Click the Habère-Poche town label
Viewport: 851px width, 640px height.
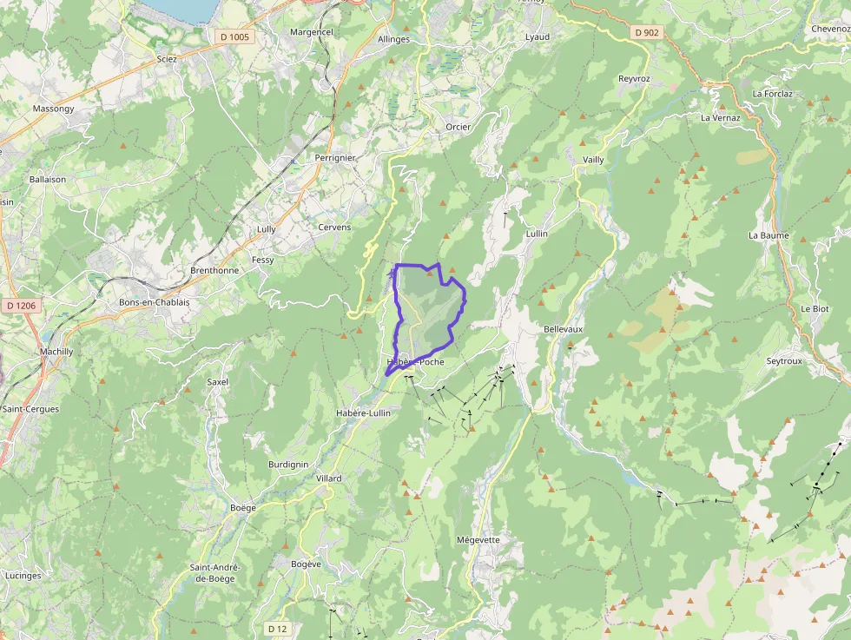[x=416, y=362]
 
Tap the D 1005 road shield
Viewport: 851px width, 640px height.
[x=234, y=36]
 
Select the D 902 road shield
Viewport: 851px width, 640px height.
[x=647, y=32]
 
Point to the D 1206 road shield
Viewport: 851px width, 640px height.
[x=20, y=306]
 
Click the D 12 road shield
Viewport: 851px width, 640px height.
[x=277, y=628]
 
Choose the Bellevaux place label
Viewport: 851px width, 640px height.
[x=564, y=330]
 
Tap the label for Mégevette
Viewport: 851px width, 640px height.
[x=478, y=539]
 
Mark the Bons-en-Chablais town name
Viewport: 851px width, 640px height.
[x=154, y=302]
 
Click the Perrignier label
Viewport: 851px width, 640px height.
[x=335, y=158]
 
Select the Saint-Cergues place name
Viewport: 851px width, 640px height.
[x=30, y=409]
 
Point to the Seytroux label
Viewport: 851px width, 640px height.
[x=785, y=360]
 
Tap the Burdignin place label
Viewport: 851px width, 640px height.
[x=288, y=465]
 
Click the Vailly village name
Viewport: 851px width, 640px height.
[x=593, y=160]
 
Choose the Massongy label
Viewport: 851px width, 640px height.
[x=53, y=109]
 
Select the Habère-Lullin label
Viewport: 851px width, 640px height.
[x=363, y=412]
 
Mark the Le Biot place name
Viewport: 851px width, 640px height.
[x=815, y=309]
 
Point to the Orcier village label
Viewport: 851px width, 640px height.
[x=458, y=127]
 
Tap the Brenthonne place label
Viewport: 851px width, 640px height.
[x=214, y=270]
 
